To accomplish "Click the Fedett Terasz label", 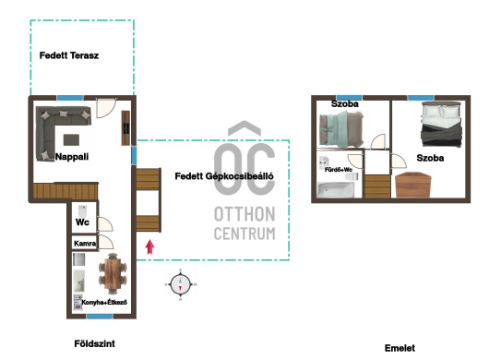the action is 69,55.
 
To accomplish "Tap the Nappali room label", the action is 72,157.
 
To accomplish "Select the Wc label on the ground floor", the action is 82,222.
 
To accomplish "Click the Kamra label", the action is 85,244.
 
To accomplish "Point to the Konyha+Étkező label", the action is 104,302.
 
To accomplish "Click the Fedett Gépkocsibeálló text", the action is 224,176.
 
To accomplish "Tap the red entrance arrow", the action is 150,246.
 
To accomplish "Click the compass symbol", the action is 180,284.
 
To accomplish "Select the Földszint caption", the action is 94,343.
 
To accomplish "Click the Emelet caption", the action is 400,348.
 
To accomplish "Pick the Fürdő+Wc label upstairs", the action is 339,170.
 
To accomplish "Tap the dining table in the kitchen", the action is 113,273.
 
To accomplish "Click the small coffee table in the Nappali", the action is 71,139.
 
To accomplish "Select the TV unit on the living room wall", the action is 125,128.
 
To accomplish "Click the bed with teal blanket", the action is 341,129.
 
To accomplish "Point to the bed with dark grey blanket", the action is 441,125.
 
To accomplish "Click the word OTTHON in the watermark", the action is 244,214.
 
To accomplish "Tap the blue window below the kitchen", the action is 100,317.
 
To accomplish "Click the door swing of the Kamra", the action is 106,242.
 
